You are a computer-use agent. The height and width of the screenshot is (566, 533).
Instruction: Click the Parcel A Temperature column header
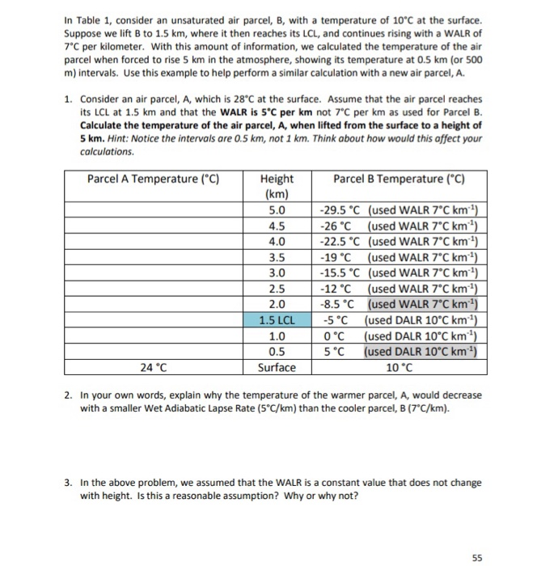coord(154,179)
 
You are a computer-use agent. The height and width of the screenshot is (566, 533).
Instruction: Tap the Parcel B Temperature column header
coord(399,179)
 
